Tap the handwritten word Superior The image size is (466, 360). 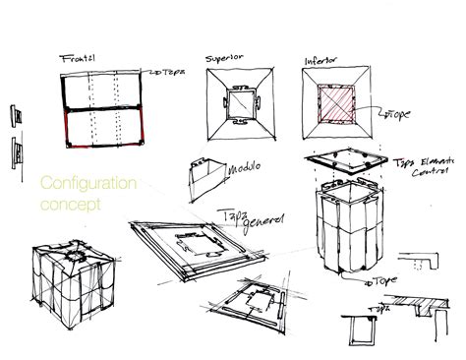coord(223,58)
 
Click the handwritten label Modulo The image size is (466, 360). coord(244,169)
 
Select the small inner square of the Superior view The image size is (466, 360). coord(237,106)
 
